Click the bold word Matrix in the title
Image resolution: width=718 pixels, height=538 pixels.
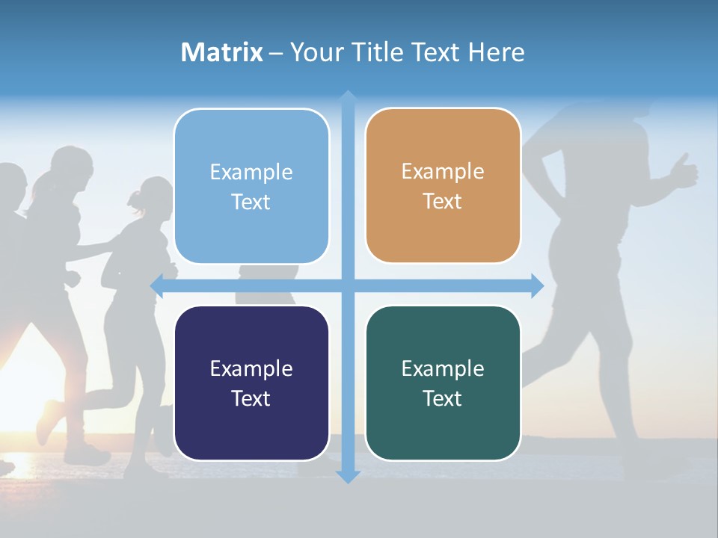coord(221,52)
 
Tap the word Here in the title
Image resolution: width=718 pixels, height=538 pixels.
coord(496,52)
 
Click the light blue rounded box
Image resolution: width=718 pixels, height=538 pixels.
coord(251,186)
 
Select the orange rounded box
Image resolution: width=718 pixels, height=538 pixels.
coord(443,186)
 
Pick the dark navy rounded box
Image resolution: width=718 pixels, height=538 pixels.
coord(251,383)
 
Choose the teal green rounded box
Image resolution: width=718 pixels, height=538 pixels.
coord(443,383)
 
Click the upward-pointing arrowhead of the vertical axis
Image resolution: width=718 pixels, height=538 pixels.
coord(348,98)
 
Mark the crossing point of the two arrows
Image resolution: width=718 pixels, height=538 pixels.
coord(348,285)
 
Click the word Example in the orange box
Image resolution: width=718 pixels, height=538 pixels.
coord(443,172)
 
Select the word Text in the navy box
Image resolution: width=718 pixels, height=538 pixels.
coord(251,398)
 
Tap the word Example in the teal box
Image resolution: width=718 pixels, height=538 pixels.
coord(443,368)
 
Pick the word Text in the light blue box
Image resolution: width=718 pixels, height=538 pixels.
coord(251,202)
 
